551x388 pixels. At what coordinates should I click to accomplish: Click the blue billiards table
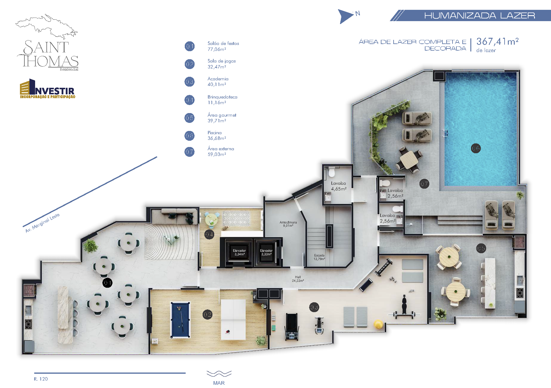(180, 320)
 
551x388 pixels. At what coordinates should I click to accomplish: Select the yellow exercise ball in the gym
(378, 324)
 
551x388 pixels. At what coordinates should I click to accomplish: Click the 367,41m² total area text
(497, 42)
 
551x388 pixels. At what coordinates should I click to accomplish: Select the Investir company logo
(48, 89)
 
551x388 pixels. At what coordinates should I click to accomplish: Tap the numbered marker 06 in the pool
(475, 148)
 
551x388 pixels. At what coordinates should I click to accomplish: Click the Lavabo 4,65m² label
(339, 186)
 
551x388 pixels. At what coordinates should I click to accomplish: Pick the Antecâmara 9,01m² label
(288, 224)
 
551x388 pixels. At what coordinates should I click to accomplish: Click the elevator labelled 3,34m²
(240, 252)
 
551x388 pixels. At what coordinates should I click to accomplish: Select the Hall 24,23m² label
(298, 279)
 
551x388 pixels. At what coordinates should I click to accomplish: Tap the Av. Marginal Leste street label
(43, 223)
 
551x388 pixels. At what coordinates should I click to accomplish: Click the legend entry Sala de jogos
(222, 64)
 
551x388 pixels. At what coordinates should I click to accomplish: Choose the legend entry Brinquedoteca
(222, 100)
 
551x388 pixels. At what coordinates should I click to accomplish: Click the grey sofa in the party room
(174, 216)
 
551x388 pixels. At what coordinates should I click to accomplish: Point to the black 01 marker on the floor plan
(107, 283)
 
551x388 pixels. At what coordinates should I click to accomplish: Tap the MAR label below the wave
(219, 383)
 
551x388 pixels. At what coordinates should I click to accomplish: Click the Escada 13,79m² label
(319, 257)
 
